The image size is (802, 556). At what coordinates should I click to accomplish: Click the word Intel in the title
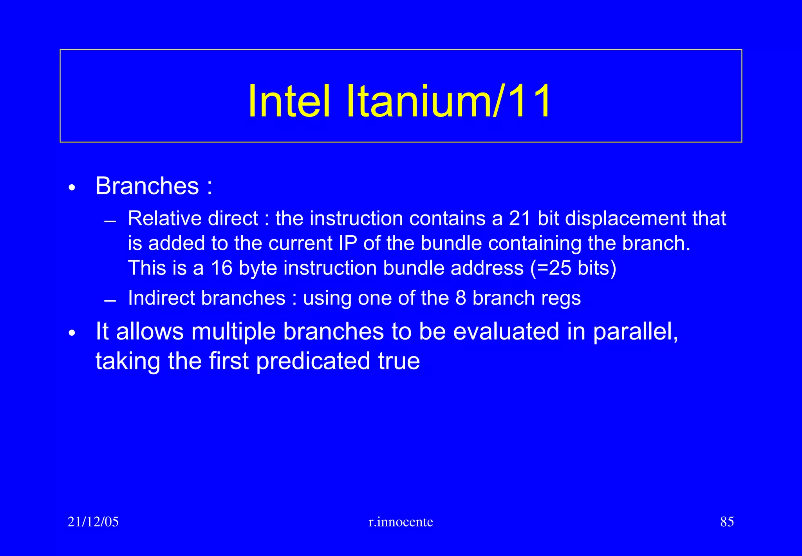(x=289, y=101)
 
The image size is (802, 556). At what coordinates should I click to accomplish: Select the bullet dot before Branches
(x=71, y=188)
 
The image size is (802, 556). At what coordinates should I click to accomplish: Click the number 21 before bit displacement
(x=520, y=218)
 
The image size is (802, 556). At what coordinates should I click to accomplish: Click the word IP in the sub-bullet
(x=348, y=243)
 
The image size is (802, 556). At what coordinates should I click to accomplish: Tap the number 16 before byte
(x=222, y=268)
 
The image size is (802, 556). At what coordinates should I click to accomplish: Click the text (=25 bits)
(x=573, y=268)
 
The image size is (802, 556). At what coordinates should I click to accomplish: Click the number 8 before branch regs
(x=461, y=298)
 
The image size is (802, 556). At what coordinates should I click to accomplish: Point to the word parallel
(x=635, y=332)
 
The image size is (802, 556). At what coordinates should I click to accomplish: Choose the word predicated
(x=313, y=361)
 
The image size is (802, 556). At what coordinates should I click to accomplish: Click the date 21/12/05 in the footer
(x=93, y=522)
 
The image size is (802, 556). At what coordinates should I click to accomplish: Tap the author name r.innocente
(x=401, y=522)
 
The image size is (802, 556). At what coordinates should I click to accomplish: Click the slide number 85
(x=727, y=522)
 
